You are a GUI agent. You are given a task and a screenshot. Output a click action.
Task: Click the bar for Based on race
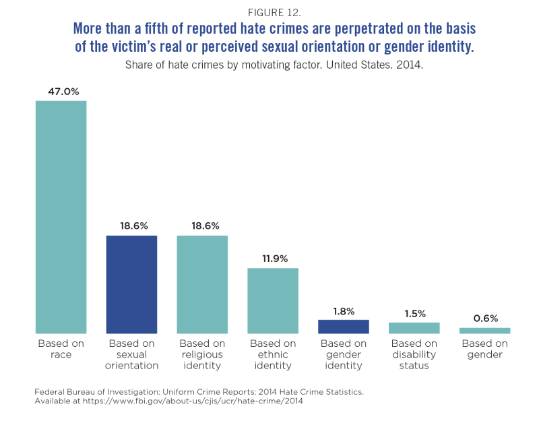point(61,217)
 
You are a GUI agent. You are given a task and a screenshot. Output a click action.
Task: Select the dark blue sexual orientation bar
point(131,284)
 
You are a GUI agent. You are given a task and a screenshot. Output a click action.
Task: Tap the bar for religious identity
point(202,284)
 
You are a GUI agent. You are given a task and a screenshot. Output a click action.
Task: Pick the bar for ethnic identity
point(273,301)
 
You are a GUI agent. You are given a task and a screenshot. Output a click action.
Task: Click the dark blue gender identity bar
point(344,327)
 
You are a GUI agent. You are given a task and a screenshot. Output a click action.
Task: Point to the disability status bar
point(414,328)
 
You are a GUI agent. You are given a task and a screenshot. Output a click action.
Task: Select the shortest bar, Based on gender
point(484,331)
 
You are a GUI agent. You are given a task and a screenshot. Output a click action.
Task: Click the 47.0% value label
point(61,91)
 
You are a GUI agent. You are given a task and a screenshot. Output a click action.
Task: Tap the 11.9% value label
point(273,259)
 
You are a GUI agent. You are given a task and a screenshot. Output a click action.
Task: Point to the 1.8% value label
point(344,310)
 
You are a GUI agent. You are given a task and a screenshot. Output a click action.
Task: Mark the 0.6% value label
point(484,318)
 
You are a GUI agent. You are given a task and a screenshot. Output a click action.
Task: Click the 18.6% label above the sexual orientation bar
point(131,226)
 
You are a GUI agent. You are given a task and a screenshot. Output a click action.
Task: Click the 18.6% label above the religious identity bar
point(202,226)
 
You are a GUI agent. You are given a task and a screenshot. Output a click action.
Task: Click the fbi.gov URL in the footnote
point(193,401)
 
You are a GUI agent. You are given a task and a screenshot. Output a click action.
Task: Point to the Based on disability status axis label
point(414,354)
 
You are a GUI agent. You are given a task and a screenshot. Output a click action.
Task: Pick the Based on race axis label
point(61,349)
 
